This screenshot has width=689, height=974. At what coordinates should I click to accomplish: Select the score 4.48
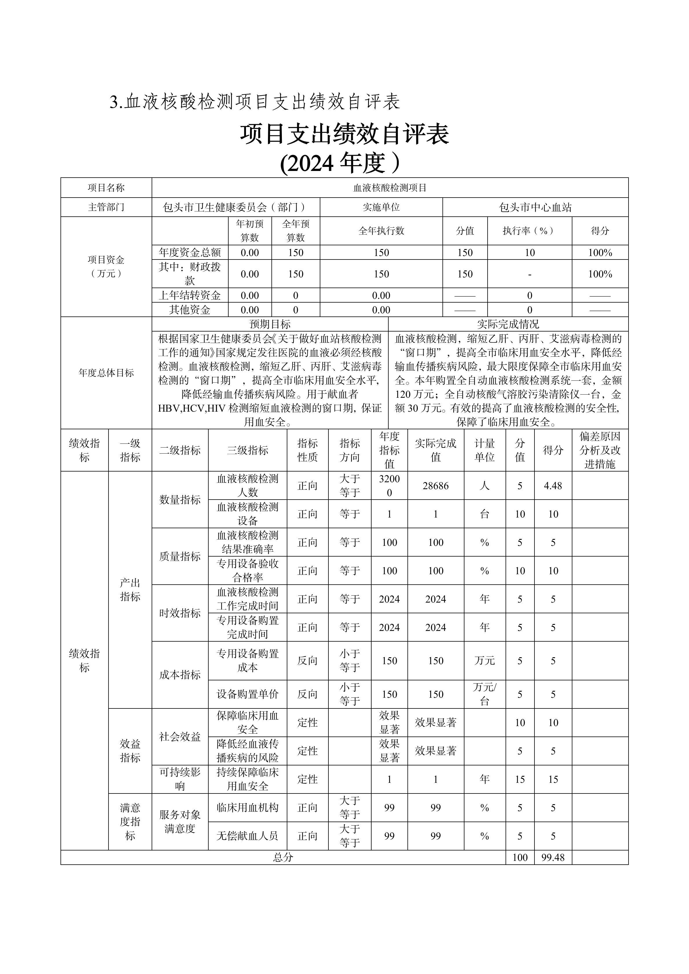[553, 486]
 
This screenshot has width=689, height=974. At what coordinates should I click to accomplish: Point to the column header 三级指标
[247, 450]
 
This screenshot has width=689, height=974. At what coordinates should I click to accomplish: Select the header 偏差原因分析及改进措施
[600, 450]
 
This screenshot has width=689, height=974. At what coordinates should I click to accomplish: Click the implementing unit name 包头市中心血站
[535, 207]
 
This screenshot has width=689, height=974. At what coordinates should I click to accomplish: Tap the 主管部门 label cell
[106, 207]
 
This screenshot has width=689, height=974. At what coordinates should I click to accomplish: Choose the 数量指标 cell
[180, 500]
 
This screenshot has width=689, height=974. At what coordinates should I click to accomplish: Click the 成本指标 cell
[180, 675]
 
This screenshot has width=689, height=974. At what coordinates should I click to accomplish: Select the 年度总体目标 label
[106, 373]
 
